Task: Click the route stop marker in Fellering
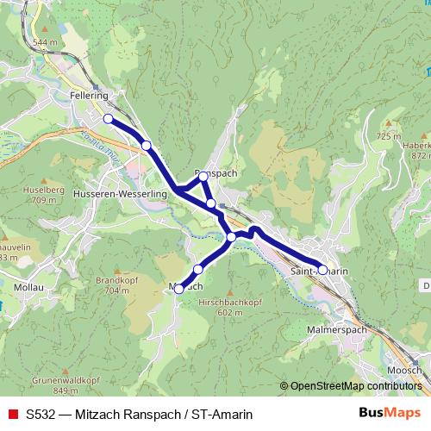point(109,119)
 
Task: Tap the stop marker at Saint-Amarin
point(322,270)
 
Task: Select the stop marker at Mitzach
point(179,290)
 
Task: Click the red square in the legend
point(10,412)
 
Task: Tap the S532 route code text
point(41,412)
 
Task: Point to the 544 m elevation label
point(44,41)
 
